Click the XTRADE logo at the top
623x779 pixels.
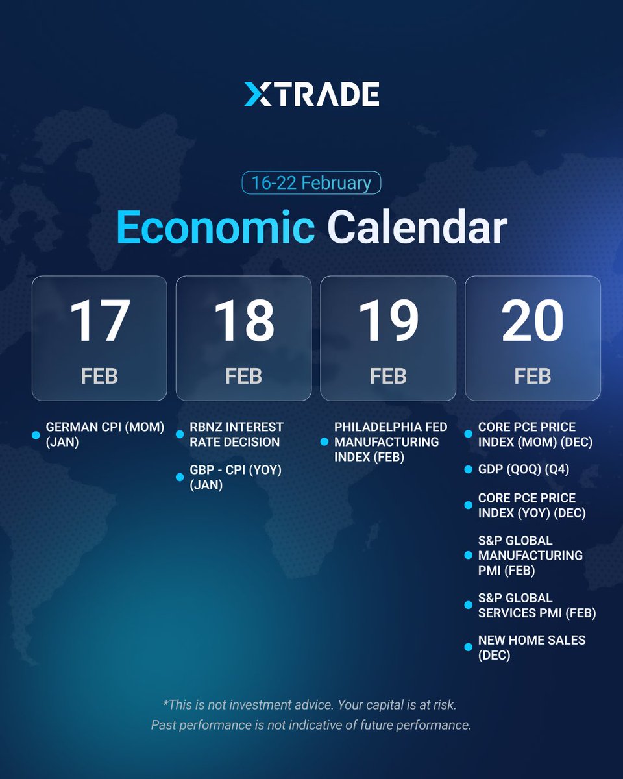coord(311,95)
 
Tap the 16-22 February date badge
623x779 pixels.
coord(311,182)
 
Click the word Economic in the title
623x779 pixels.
coord(215,228)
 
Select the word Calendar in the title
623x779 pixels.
coord(417,228)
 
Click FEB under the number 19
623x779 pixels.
coord(388,377)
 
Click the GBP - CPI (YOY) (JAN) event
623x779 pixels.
coord(235,477)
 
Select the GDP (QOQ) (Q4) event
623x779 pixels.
coord(523,469)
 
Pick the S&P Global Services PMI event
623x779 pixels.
coord(537,605)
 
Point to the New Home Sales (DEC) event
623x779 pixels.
coord(531,647)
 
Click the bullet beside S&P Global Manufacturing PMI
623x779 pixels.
coord(469,556)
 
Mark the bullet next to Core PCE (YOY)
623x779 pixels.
coord(469,506)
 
